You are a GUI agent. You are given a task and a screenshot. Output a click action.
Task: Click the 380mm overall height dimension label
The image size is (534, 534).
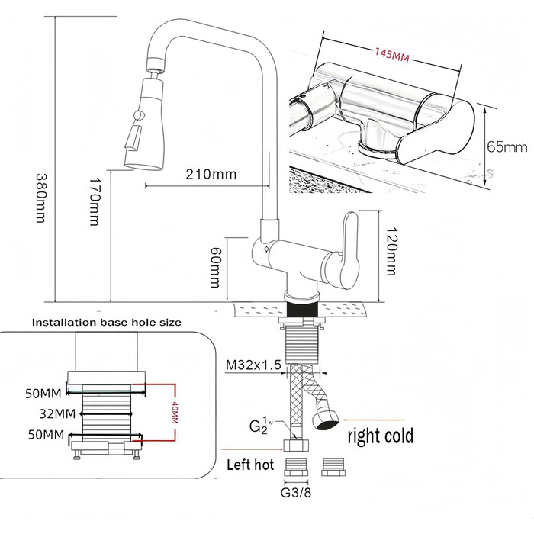pyautogui.click(x=40, y=198)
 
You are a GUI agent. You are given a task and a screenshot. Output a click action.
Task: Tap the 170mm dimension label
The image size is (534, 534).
pyautogui.click(x=94, y=201)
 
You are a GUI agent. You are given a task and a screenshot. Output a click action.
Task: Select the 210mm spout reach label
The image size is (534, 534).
pyautogui.click(x=211, y=174)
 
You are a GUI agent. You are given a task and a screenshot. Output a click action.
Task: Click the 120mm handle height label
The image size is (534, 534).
pyautogui.click(x=391, y=251)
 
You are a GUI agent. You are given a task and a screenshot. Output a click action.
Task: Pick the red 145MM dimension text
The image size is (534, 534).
pyautogui.click(x=391, y=55)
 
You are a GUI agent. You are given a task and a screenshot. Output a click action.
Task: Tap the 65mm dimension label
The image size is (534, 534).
pyautogui.click(x=507, y=147)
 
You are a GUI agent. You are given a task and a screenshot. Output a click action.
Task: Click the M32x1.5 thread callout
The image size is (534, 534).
pyautogui.click(x=254, y=365)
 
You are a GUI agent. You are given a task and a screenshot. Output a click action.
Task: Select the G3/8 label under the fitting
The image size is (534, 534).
pyautogui.click(x=296, y=493)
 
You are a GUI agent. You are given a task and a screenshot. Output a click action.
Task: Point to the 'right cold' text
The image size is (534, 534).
pyautogui.click(x=381, y=436)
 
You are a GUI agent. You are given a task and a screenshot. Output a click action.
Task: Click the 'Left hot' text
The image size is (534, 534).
pyautogui.click(x=250, y=465)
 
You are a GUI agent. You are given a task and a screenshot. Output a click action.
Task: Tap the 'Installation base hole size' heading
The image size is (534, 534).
pyautogui.click(x=107, y=322)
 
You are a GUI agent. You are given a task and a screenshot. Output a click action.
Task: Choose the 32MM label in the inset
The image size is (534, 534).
pyautogui.click(x=57, y=413)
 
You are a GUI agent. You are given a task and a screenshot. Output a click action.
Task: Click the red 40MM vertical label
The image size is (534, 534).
pyautogui.click(x=175, y=413)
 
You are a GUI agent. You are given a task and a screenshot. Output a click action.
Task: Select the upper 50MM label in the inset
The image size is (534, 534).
pyautogui.click(x=43, y=394)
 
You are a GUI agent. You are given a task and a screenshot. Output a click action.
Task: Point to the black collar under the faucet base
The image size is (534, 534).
pyautogui.click(x=303, y=309)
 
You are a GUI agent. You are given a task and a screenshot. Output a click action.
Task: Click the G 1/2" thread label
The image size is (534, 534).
pyautogui.click(x=258, y=426)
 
